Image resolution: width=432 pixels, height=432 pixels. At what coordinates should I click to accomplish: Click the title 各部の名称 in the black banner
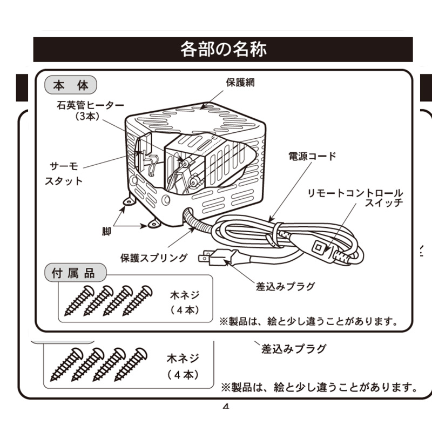[x=223, y=49]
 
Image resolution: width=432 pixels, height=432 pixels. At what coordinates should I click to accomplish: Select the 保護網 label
[x=240, y=83]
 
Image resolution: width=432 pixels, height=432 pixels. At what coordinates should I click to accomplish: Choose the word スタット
[x=63, y=181]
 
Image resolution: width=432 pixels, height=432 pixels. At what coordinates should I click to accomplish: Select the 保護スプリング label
[x=154, y=257]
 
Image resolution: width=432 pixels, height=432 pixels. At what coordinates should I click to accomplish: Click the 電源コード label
[x=312, y=157]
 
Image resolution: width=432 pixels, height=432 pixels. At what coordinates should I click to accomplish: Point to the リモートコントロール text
[x=355, y=193]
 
